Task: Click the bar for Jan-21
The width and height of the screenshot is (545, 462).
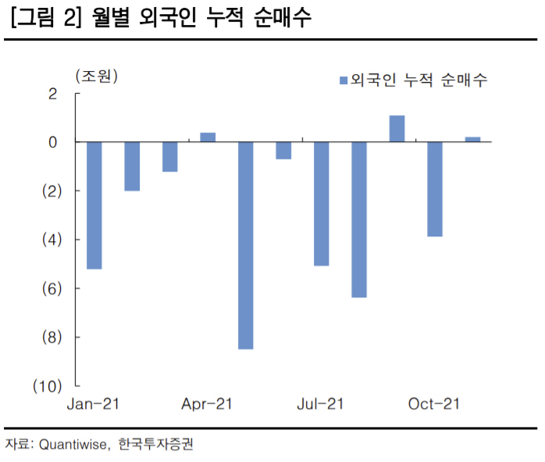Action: click(x=94, y=205)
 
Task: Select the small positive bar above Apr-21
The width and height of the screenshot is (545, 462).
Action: click(x=208, y=137)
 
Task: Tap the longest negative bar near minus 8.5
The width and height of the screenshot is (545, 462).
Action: click(x=245, y=245)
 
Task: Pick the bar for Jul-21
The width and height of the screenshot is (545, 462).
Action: click(x=321, y=204)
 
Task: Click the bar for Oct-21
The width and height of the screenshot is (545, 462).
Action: click(x=435, y=189)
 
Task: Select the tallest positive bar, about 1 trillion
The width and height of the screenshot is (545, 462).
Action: click(x=397, y=129)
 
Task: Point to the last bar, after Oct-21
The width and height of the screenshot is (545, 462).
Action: click(x=472, y=140)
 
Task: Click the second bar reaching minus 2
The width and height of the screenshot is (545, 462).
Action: click(x=132, y=166)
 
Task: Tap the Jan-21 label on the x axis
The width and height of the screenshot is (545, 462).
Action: click(x=93, y=403)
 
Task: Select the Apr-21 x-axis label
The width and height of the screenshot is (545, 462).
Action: click(x=207, y=403)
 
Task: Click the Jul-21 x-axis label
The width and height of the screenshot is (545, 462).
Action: click(x=320, y=403)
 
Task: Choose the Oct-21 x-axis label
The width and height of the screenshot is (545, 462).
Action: click(x=434, y=403)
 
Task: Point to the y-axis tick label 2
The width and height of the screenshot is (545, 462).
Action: click(x=53, y=94)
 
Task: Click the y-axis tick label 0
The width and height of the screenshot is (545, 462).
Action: click(x=53, y=143)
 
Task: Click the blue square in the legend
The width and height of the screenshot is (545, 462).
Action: click(x=344, y=80)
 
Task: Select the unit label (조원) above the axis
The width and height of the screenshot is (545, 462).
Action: click(x=96, y=76)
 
